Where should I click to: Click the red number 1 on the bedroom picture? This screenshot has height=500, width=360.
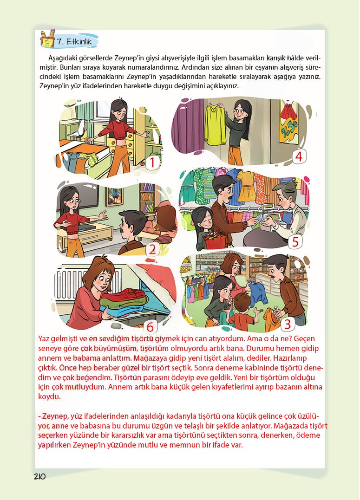pyautogui.click(x=152, y=162)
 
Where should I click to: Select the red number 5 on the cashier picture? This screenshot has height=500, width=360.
pyautogui.click(x=295, y=242)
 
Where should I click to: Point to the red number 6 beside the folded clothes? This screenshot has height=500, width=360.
pyautogui.click(x=150, y=326)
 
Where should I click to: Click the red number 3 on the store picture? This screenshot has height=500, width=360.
pyautogui.click(x=287, y=324)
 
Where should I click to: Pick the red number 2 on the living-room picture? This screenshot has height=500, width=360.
pyautogui.click(x=152, y=249)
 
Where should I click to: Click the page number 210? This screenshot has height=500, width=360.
pyautogui.click(x=40, y=476)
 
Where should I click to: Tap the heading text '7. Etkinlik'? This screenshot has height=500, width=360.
pyautogui.click(x=74, y=41)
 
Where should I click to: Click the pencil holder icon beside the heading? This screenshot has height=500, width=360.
pyautogui.click(x=48, y=38)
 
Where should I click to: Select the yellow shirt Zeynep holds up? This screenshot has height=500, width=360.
pyautogui.click(x=216, y=124)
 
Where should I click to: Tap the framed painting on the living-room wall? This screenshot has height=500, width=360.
pyautogui.click(x=114, y=196)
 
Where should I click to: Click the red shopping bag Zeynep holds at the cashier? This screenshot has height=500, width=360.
pyautogui.click(x=216, y=241)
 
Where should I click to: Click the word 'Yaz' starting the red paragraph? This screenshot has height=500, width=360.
pyautogui.click(x=44, y=338)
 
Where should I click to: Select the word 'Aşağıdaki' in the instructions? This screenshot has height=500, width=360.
pyautogui.click(x=62, y=58)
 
